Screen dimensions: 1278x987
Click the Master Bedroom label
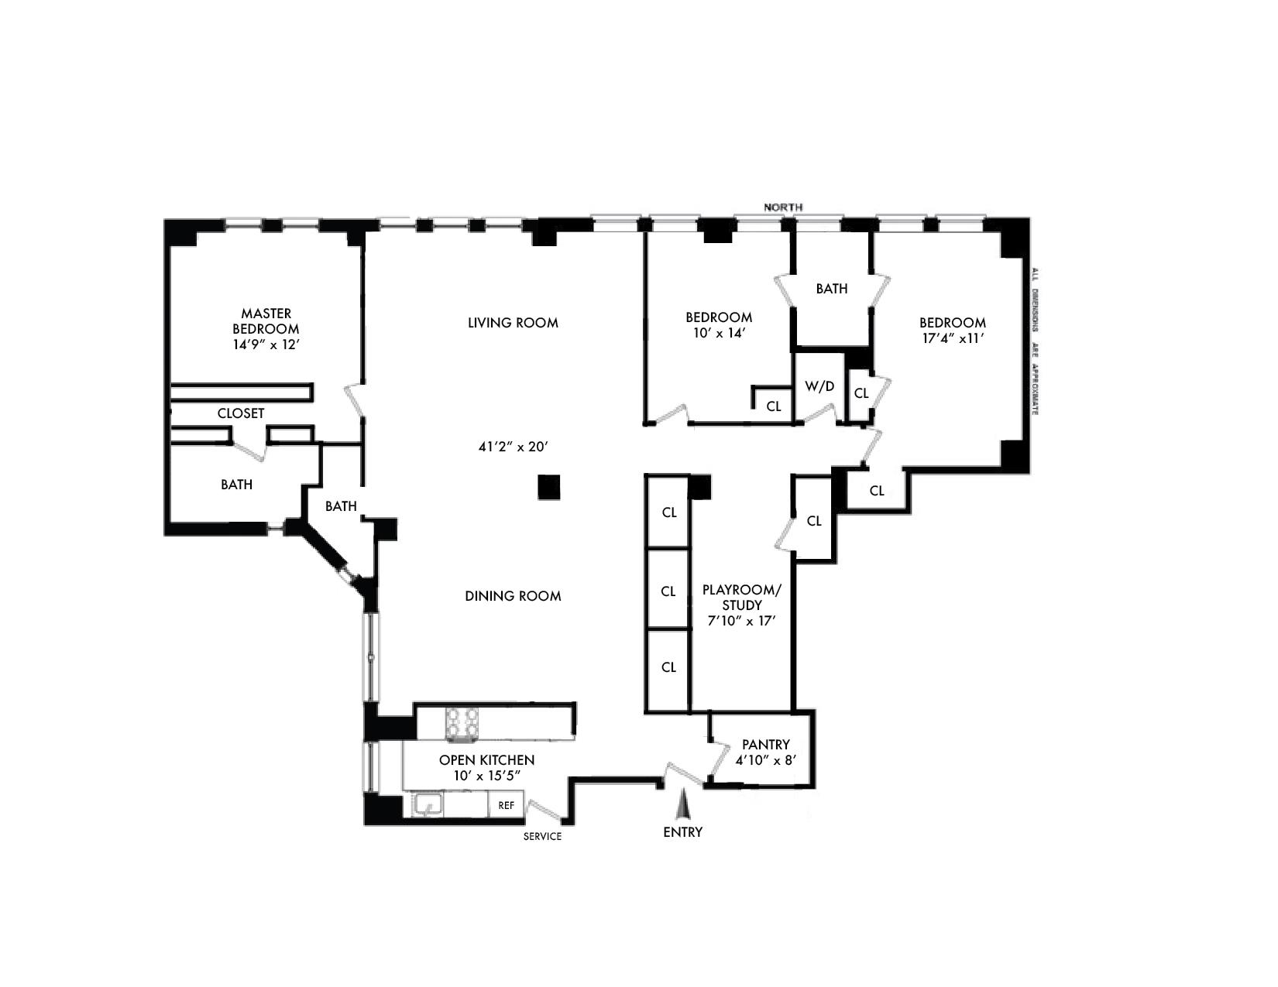click(x=266, y=320)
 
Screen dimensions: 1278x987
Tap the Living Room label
click(x=513, y=323)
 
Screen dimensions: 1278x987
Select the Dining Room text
click(x=513, y=596)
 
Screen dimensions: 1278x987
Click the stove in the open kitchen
click(x=461, y=725)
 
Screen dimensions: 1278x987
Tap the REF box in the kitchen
click(x=506, y=806)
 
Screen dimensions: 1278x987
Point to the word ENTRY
click(x=682, y=832)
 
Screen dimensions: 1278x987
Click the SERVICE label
click(x=542, y=837)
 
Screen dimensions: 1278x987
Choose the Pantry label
click(x=765, y=745)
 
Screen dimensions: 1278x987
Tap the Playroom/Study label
click(x=742, y=597)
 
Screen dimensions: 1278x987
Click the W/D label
click(x=819, y=386)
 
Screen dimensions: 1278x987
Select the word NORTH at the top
click(x=783, y=207)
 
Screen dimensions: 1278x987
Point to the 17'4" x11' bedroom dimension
click(x=953, y=338)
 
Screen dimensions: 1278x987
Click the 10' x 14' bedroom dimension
click(x=718, y=333)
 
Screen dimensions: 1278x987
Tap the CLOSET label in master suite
click(x=241, y=413)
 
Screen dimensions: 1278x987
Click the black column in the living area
click(x=549, y=487)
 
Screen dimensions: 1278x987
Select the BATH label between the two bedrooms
click(x=831, y=289)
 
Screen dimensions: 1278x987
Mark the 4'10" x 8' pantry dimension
click(x=765, y=760)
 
